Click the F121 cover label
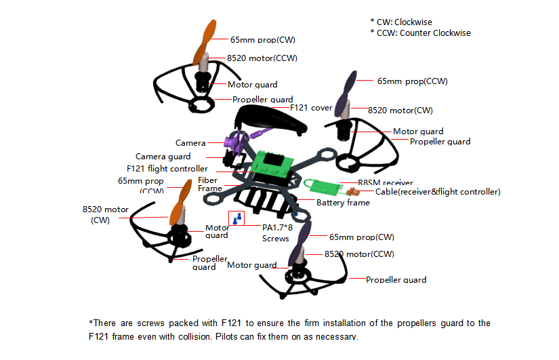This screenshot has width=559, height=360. (311, 108)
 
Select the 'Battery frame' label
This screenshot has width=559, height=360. (343, 203)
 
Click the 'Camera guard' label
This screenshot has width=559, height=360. (163, 157)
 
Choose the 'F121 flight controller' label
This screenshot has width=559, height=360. (167, 169)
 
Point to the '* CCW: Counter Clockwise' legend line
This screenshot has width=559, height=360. (420, 33)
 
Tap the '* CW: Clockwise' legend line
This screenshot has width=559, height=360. (400, 22)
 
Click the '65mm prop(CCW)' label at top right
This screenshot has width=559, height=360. (412, 81)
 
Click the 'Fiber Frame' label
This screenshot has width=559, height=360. (209, 184)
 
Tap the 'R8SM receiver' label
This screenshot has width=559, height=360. (385, 183)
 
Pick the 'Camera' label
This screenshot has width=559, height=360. (190, 143)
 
